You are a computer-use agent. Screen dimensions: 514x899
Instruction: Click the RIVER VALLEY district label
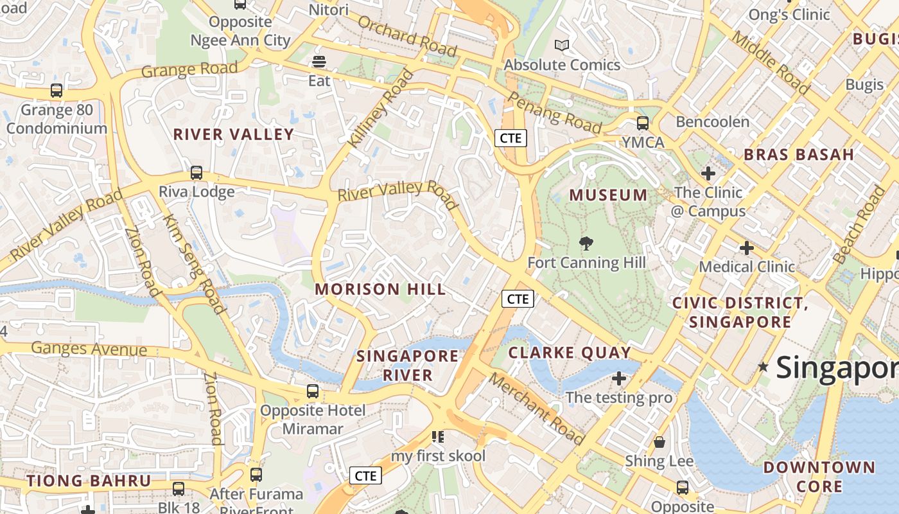coord(234,134)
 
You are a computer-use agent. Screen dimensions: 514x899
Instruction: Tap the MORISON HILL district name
coord(380,289)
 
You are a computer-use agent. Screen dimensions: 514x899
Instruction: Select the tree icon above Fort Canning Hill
coord(586,244)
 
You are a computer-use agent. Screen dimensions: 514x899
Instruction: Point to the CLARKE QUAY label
coord(570,353)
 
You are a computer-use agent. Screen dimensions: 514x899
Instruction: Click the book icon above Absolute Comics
coord(562,45)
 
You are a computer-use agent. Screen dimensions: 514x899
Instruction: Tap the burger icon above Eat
coord(319,62)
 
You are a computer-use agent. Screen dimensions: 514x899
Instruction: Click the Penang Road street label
coord(554,113)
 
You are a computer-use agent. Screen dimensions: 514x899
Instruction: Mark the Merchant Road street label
coord(537,409)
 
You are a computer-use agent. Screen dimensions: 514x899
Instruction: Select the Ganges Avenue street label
coord(89,350)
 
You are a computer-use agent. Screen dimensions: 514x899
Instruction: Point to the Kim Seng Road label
coord(195,263)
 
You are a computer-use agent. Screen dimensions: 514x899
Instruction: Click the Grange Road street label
coord(189,69)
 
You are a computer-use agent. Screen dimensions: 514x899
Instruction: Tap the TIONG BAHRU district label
coord(89,481)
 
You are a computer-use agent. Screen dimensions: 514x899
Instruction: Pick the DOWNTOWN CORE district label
coord(819,476)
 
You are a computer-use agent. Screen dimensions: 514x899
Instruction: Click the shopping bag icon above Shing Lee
coord(659,442)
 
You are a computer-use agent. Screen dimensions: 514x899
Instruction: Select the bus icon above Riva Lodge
coord(196,173)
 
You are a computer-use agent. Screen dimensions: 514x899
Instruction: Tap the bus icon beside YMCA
coord(642,123)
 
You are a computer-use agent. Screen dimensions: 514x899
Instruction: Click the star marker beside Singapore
coord(763,367)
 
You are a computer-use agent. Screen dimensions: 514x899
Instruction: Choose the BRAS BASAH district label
coord(799,154)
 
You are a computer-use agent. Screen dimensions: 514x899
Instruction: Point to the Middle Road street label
coord(771,62)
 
